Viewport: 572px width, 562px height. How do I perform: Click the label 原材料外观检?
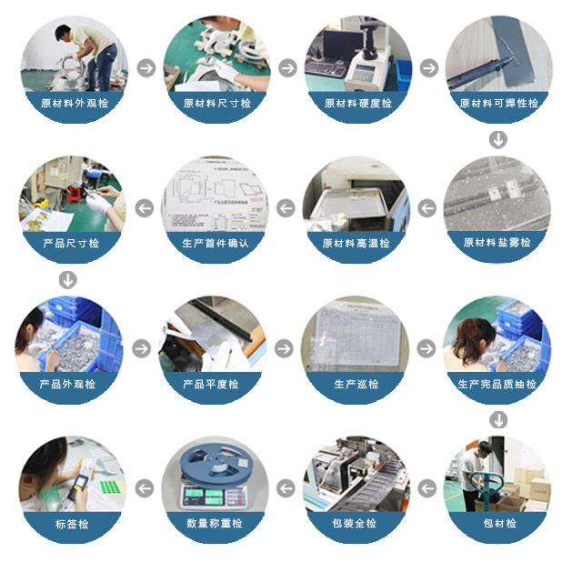click(x=75, y=104)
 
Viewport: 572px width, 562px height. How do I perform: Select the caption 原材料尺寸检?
click(x=216, y=104)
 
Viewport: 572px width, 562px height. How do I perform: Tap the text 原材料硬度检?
click(x=358, y=104)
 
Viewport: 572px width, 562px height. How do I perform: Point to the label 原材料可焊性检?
click(x=498, y=104)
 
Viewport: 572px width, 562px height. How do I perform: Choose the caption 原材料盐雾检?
click(x=497, y=243)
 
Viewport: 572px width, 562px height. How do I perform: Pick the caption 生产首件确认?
click(x=216, y=244)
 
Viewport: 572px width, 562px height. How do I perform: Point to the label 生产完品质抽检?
click(x=497, y=385)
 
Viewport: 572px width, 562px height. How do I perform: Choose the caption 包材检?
click(x=497, y=524)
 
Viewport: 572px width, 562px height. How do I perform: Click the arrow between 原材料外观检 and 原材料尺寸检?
click(x=145, y=68)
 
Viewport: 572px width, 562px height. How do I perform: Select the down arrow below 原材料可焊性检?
click(x=497, y=140)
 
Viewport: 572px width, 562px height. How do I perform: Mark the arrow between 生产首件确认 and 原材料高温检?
click(x=286, y=208)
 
